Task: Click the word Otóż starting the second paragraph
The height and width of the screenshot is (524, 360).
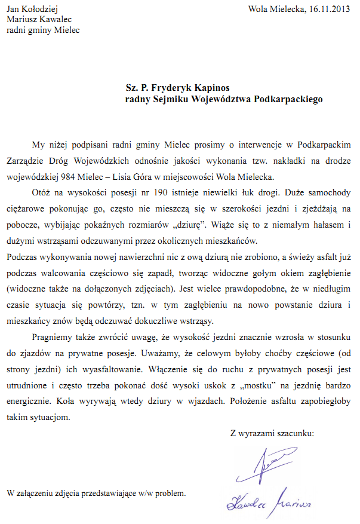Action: click(x=42, y=194)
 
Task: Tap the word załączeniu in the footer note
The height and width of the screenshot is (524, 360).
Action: click(x=40, y=494)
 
